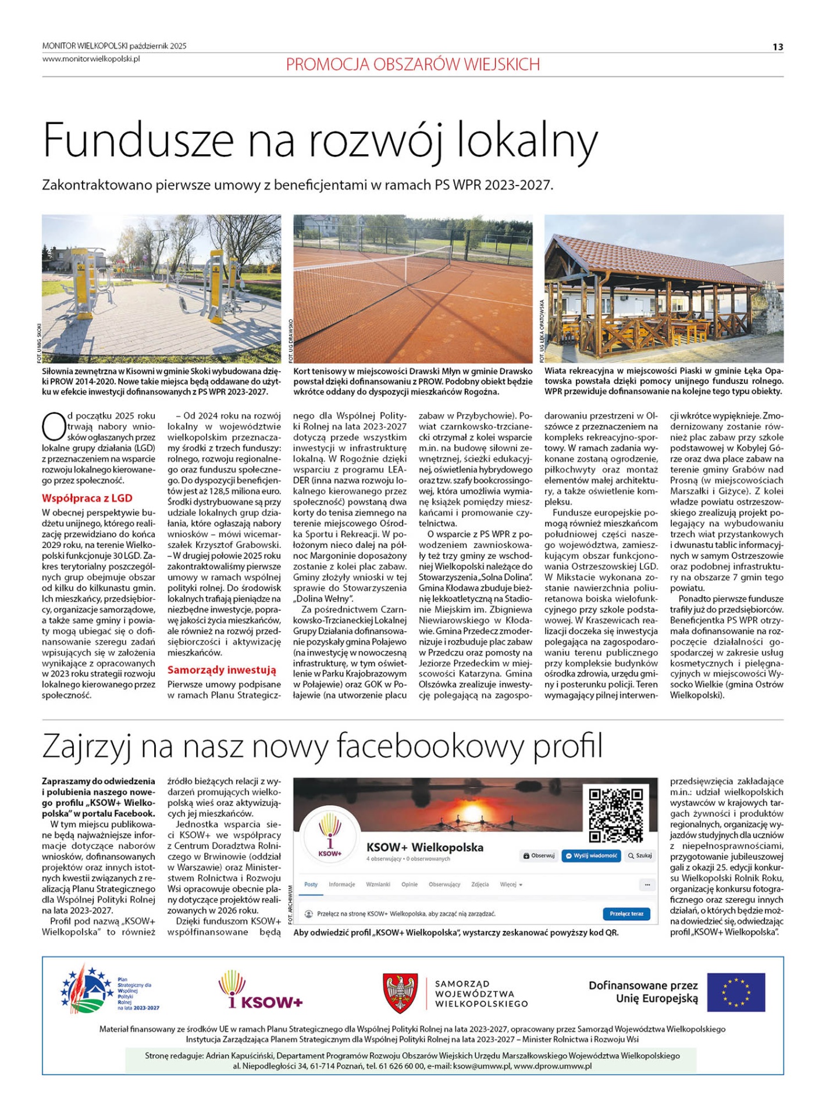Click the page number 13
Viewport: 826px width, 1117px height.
tap(778, 47)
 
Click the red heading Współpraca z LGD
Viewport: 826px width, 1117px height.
tap(87, 498)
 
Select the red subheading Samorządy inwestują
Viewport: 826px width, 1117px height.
tap(222, 670)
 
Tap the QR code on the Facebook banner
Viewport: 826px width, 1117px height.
tap(615, 815)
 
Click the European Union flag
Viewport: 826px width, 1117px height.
tap(736, 993)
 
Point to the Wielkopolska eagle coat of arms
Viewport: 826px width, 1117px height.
tap(400, 993)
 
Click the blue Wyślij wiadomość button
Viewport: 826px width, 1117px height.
tap(591, 856)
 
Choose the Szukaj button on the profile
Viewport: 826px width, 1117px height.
tap(640, 856)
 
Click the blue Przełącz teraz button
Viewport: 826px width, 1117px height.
tap(626, 913)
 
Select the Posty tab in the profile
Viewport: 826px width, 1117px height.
tap(311, 884)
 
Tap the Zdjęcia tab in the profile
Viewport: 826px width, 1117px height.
tap(480, 884)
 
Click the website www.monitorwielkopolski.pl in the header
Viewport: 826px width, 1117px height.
tap(91, 59)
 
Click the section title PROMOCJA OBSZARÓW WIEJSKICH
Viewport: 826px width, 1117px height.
tap(412, 64)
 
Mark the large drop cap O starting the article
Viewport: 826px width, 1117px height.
tap(53, 426)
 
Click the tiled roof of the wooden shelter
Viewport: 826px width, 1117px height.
tap(651, 256)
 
